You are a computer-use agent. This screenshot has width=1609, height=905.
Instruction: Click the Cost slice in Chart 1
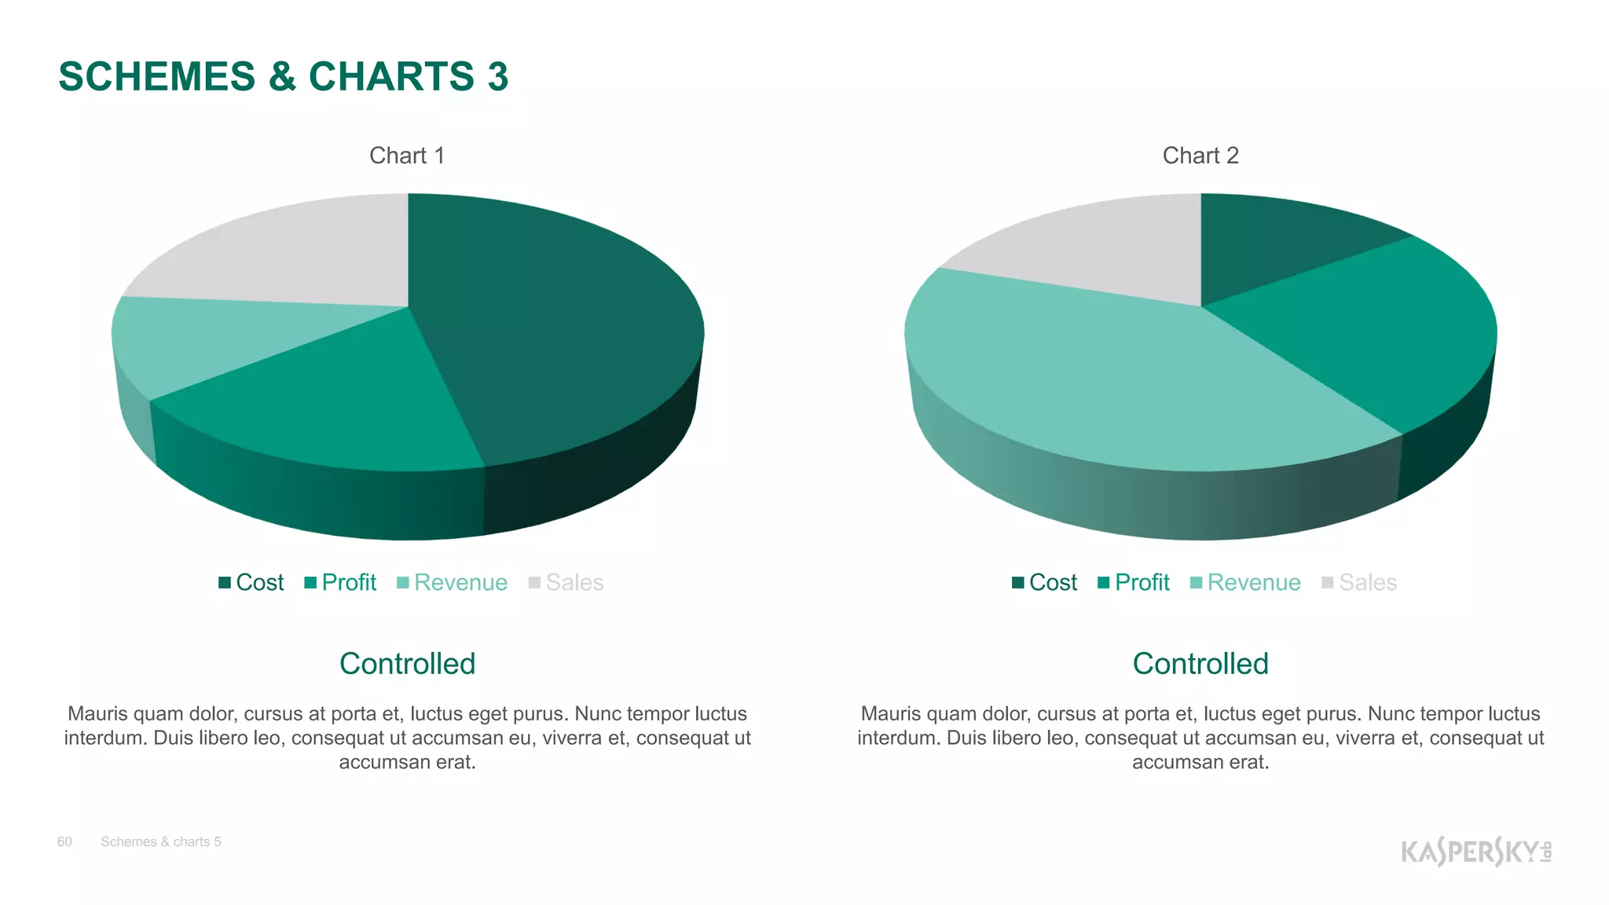pos(550,330)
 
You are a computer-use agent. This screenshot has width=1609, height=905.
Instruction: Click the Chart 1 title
pos(407,156)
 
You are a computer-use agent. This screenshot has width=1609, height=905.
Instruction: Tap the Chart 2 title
pos(1200,156)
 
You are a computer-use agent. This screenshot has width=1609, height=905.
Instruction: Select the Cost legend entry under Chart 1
pos(251,582)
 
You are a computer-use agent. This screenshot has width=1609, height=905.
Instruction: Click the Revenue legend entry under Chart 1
pos(453,582)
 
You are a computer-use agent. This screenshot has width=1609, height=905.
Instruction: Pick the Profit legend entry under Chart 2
pos(1134,582)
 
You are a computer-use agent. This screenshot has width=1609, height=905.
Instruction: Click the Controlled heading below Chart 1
pos(407,664)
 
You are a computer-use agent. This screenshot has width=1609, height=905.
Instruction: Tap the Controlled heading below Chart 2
pos(1200,664)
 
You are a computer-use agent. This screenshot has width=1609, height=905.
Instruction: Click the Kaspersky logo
pos(1475,851)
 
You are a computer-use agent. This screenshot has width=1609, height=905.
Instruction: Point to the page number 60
pos(64,841)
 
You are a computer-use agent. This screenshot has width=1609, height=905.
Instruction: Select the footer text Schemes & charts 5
pos(161,841)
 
